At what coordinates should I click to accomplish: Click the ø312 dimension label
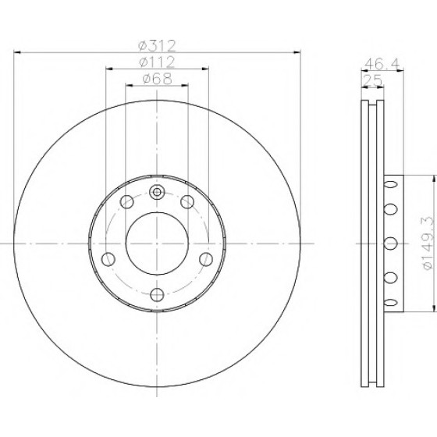click(157, 46)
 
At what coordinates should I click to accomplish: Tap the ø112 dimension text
click(157, 62)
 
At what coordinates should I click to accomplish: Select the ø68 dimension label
click(157, 79)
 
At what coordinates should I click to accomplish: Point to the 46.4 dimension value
click(382, 64)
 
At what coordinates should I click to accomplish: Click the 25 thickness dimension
click(373, 81)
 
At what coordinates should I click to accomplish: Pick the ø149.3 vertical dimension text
click(428, 243)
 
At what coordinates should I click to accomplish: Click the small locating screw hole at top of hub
click(157, 192)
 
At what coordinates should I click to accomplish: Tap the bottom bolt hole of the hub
click(157, 295)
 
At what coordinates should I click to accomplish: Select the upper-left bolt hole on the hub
click(127, 202)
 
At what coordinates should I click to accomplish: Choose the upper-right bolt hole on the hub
click(187, 202)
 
